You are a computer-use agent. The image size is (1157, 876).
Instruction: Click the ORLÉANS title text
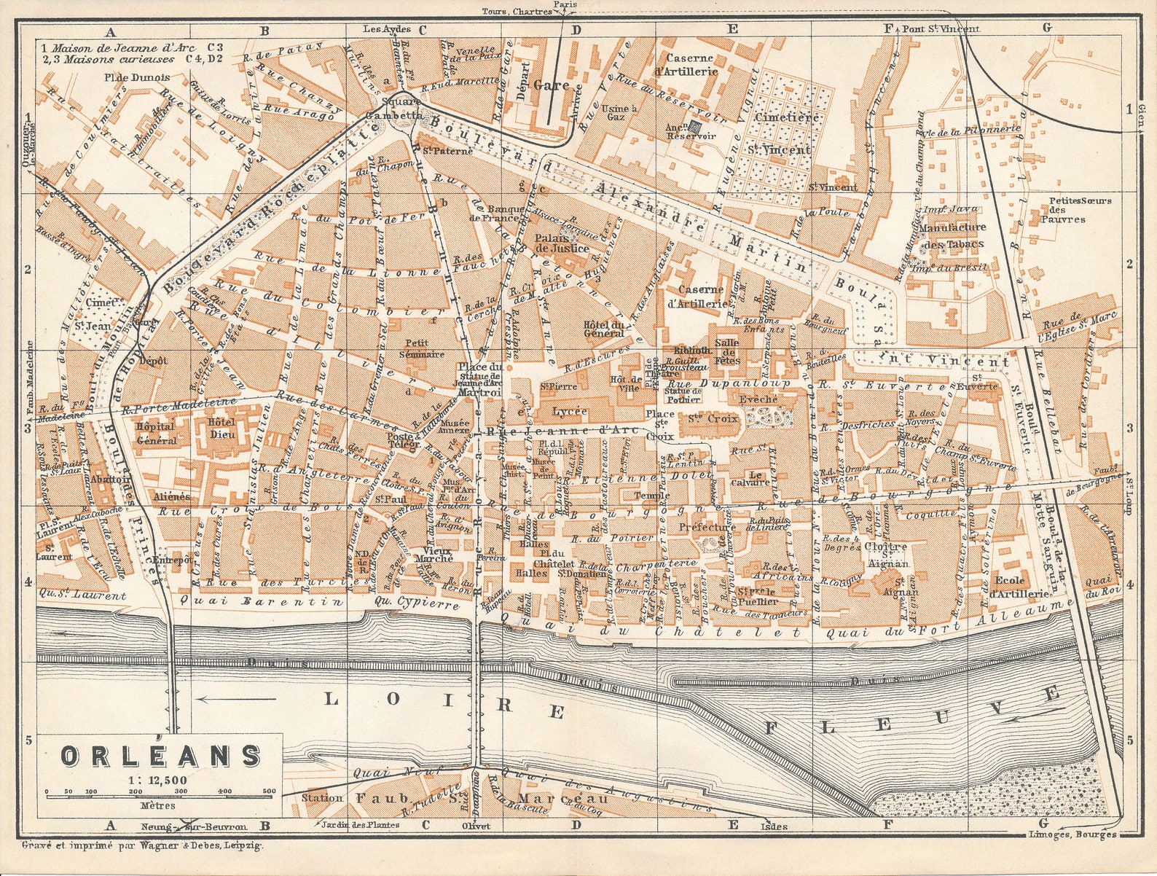click(160, 756)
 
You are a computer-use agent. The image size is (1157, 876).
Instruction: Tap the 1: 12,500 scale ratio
click(160, 780)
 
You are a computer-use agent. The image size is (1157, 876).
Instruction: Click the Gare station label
click(551, 85)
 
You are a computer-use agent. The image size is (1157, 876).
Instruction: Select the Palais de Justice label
click(561, 243)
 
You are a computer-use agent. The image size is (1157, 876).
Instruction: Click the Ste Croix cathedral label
click(709, 419)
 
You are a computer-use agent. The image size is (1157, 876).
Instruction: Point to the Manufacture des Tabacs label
click(952, 235)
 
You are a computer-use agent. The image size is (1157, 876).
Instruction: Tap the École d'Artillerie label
click(1019, 587)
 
